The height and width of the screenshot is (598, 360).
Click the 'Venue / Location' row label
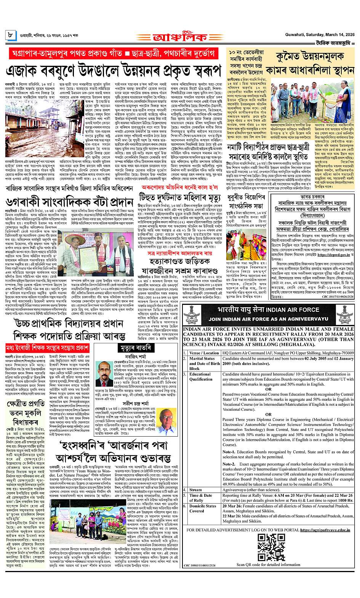203,353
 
